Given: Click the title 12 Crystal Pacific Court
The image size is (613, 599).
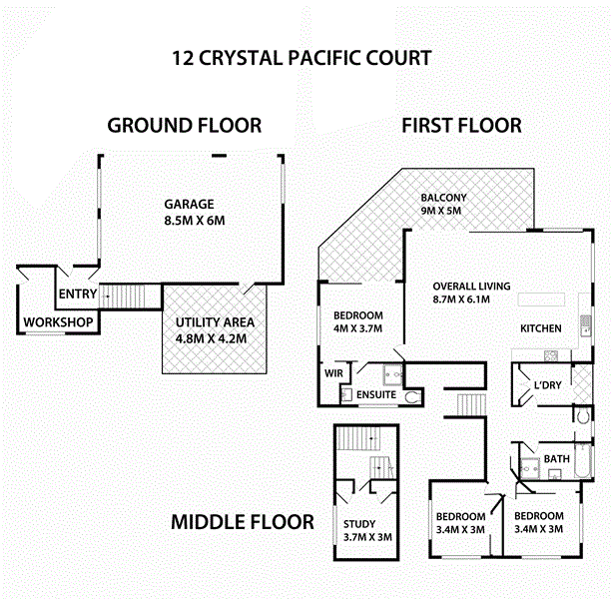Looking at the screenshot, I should coord(302,57).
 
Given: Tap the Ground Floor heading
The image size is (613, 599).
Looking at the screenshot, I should coord(185,125).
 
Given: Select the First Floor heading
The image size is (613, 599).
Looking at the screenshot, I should coord(461,125).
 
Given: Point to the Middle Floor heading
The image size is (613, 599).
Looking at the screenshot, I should coord(242,521).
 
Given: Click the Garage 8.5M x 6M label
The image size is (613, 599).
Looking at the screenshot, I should coord(190,212).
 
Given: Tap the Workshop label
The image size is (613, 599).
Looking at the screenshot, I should coord(59,322).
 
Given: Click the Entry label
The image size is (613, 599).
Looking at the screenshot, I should coord(78,294).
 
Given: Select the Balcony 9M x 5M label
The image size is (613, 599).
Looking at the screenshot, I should coord(443,204).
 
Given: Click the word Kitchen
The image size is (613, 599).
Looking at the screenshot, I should coord(540,328).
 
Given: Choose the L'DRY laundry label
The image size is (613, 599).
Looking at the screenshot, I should coord(546,385).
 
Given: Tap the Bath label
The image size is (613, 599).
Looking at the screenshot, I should coord(555,459).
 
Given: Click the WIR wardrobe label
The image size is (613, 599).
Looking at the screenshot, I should coord(332,374).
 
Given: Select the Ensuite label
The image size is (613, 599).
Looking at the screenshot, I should coord(375,395).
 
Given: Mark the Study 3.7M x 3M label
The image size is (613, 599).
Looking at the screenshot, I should coord(359,531).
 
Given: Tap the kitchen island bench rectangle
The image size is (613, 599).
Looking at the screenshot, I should coord(539,299).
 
